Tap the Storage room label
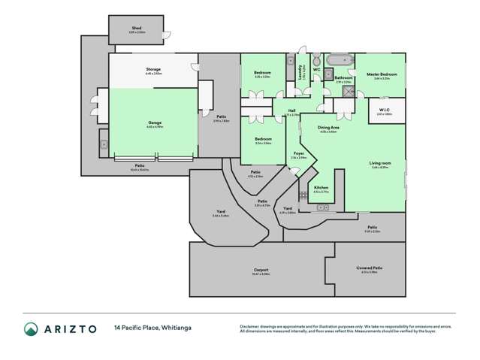[154, 71]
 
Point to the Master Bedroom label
[382, 75]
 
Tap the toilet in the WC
[316, 60]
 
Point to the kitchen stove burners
[302, 196]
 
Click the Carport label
[261, 270]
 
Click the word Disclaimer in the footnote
[251, 325]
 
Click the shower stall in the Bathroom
[347, 92]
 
